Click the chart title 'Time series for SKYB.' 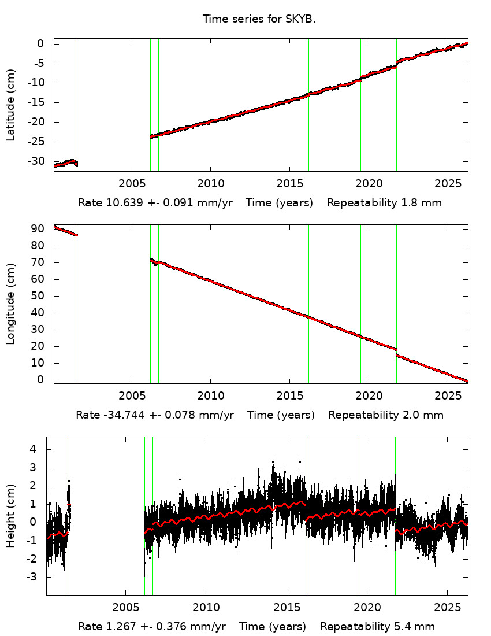[x=259, y=19]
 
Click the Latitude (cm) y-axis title [x=10, y=105]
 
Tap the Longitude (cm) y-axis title [x=10, y=304]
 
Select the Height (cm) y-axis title [x=10, y=516]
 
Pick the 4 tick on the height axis [x=33, y=449]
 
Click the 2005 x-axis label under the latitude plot [x=132, y=183]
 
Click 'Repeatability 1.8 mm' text [x=385, y=203]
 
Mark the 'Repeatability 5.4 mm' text [x=377, y=627]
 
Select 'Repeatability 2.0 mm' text [x=386, y=415]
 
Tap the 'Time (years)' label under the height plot [x=273, y=627]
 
